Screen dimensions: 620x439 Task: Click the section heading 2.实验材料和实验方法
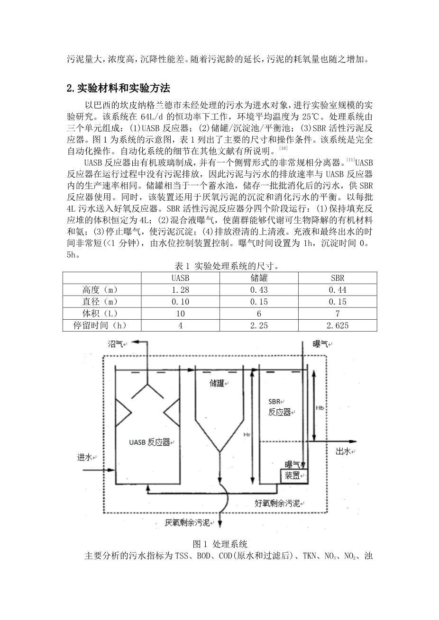tap(118, 88)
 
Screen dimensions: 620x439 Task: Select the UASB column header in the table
tap(180, 278)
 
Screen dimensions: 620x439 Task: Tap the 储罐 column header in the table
tap(259, 278)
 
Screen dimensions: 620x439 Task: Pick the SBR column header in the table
tap(338, 278)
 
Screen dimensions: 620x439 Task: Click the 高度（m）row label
tap(101, 290)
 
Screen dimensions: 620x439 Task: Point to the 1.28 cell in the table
tap(180, 290)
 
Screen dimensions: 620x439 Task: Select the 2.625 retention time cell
tap(338, 325)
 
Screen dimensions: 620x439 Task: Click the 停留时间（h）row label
tap(101, 325)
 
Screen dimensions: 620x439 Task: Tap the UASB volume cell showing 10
tap(180, 313)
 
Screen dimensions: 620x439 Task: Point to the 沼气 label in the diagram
tap(116, 344)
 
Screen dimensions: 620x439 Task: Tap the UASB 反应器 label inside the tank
tap(149, 442)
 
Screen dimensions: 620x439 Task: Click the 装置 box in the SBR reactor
tap(293, 475)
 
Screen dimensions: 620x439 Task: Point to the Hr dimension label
tap(246, 434)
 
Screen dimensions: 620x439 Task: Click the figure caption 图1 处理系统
tap(220, 544)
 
